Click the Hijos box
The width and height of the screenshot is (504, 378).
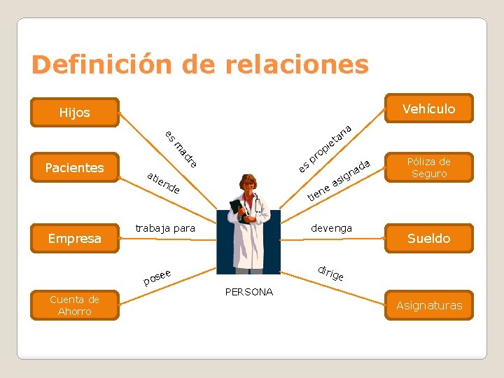[x=75, y=113]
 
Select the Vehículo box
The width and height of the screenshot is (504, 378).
[x=428, y=108]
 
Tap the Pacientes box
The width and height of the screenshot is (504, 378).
[x=74, y=167]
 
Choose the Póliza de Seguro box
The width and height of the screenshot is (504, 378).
[x=429, y=167]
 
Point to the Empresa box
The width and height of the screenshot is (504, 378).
[x=75, y=238]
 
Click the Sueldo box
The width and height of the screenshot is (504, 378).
[x=429, y=238]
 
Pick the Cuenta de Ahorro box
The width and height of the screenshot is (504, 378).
[x=75, y=305]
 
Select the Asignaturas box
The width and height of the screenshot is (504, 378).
[x=429, y=305]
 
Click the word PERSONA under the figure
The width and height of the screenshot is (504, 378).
[x=249, y=292]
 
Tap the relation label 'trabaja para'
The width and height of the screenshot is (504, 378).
[x=165, y=228]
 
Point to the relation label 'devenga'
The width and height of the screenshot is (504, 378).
[x=331, y=228]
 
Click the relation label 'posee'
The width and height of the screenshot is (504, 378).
[x=157, y=278]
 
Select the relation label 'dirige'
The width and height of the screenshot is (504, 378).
[x=330, y=273]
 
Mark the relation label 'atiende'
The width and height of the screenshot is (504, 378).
[x=164, y=182]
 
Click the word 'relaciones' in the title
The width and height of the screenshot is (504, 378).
[x=297, y=64]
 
